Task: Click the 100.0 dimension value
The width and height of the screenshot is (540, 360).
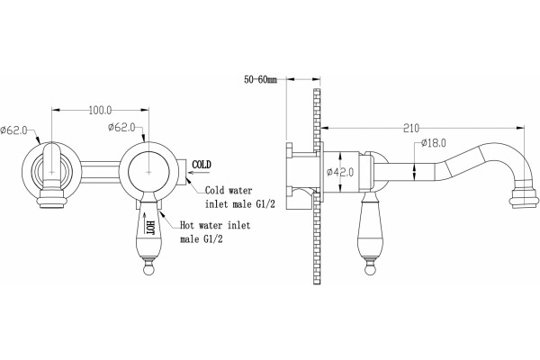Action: [x=100, y=110]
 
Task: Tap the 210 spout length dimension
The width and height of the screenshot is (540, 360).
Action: [x=411, y=128]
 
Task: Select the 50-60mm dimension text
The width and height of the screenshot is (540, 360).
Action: [x=260, y=79]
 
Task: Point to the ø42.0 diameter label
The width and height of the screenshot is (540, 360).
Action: [x=340, y=172]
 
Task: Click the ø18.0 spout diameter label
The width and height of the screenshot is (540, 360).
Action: [x=433, y=142]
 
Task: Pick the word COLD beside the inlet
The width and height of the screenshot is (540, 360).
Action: [x=202, y=165]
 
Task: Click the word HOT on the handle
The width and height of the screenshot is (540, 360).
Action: [x=150, y=228]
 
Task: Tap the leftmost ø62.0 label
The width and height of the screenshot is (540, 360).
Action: [x=13, y=130]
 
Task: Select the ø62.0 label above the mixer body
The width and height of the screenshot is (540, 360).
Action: [x=121, y=128]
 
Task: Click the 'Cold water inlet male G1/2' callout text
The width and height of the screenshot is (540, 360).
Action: [x=240, y=197]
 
